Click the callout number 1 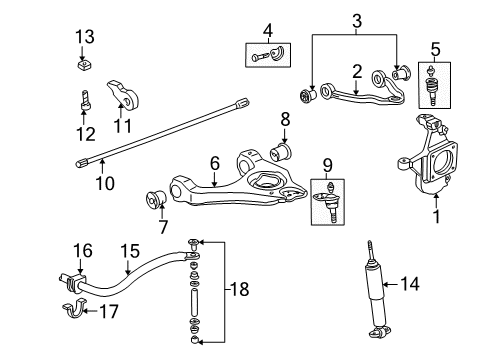point(434,213)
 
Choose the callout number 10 point(103,183)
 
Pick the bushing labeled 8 point(282,152)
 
